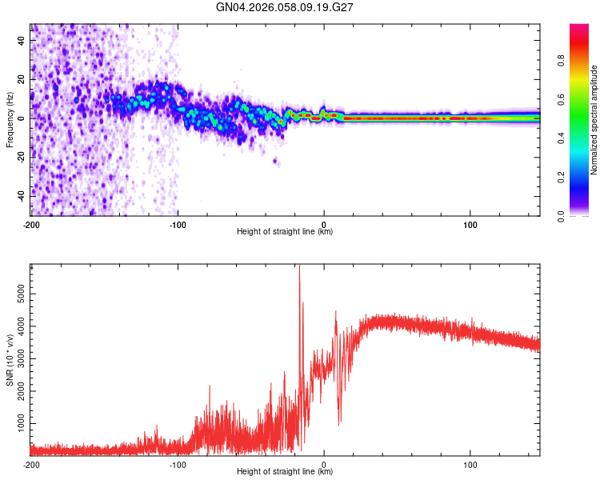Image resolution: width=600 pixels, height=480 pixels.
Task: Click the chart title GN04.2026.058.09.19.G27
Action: [x=285, y=7]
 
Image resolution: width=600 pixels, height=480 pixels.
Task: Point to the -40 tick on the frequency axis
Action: [x=21, y=193]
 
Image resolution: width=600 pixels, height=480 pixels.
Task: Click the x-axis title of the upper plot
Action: [x=285, y=232]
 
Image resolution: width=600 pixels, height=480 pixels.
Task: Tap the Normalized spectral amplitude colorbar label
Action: [x=594, y=120]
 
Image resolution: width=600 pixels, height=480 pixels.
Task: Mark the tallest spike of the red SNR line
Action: [x=299, y=267]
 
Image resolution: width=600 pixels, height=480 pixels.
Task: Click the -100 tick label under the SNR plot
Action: [x=178, y=464]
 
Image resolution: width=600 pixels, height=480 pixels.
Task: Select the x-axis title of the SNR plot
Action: [x=285, y=472]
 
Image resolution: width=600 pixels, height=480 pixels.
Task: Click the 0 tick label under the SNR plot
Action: [x=324, y=464]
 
